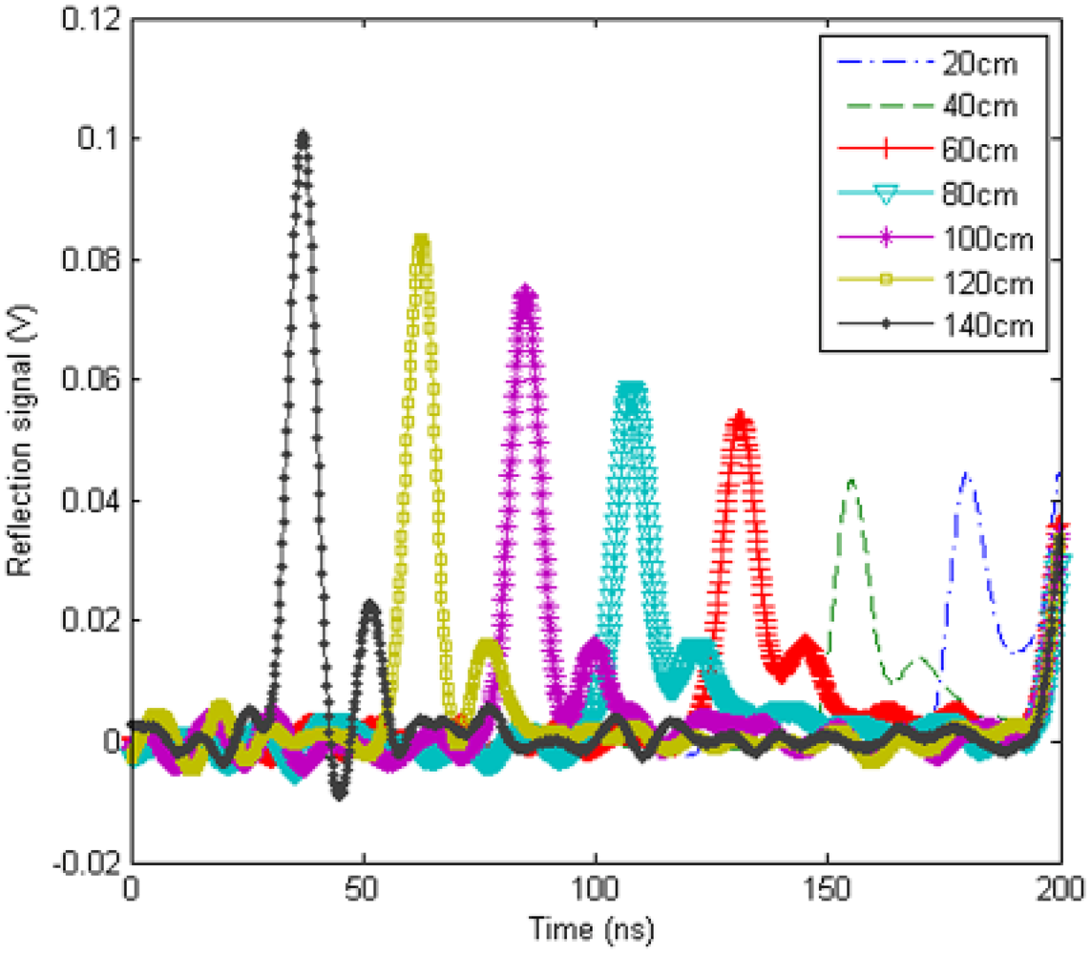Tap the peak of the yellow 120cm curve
pos(420,240)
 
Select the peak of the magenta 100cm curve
pos(524,290)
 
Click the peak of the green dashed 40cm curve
pos(850,480)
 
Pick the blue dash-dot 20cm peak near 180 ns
pos(966,474)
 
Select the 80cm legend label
pos(985,195)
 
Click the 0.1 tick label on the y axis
pos(100,139)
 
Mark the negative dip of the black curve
pos(339,795)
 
